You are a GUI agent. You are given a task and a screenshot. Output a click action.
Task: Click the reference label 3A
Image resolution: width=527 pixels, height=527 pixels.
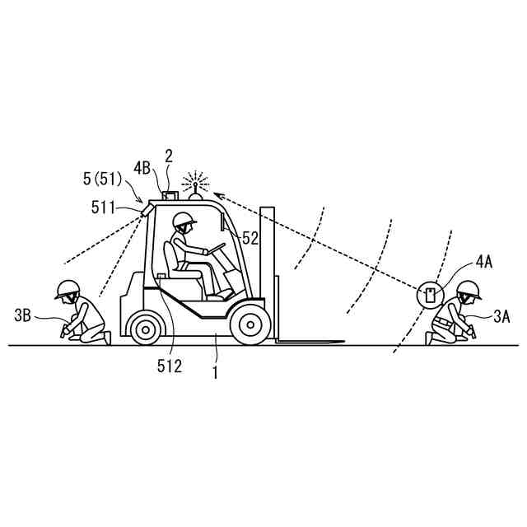coord(502,315)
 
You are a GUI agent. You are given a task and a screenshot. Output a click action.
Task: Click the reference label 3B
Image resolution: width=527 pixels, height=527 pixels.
coord(23,314)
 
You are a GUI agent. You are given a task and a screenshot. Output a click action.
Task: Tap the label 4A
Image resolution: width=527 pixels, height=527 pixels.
coord(484,264)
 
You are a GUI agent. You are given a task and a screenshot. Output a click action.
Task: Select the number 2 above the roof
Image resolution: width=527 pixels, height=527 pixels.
coord(169,155)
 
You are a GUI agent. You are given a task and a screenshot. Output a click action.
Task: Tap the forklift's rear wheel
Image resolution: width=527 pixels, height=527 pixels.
coord(146,329)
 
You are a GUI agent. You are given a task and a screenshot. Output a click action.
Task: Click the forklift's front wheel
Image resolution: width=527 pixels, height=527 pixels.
coord(250,324)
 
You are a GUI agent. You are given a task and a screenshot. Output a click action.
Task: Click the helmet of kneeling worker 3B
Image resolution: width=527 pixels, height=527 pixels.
coord(67,287)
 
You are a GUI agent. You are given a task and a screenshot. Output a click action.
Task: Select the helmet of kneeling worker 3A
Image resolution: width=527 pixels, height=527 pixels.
coord(469,288)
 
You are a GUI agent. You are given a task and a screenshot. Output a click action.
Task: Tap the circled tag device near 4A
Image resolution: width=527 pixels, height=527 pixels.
coord(430,294)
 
